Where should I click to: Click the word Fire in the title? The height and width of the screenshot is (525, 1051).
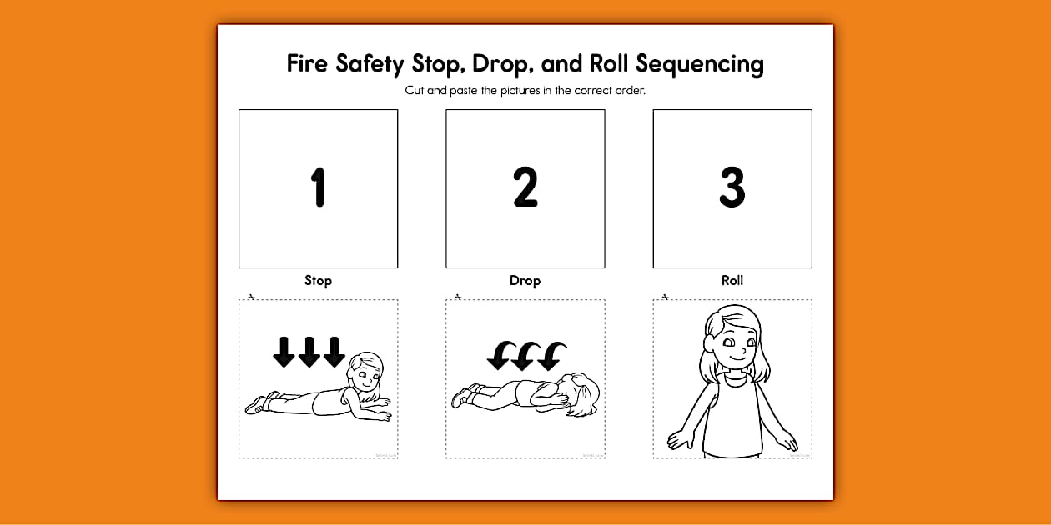(x=308, y=63)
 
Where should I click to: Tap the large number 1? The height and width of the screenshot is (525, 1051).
(x=318, y=187)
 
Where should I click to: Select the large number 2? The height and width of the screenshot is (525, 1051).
(x=525, y=187)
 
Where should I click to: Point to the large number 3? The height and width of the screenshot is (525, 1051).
(x=732, y=187)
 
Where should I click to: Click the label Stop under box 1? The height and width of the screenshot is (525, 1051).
(x=318, y=281)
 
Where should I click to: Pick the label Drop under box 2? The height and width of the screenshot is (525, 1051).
(x=525, y=281)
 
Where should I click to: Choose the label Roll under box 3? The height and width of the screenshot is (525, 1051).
(x=732, y=281)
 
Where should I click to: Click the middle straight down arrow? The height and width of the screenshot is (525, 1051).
(x=309, y=352)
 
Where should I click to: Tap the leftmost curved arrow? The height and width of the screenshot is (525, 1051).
(x=500, y=356)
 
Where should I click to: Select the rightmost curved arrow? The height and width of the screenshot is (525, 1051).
(x=551, y=356)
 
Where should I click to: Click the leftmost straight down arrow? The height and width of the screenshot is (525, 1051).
(x=284, y=352)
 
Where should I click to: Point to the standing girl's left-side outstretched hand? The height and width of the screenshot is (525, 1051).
(x=677, y=438)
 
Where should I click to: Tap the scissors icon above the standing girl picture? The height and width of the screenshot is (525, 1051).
(x=665, y=296)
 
